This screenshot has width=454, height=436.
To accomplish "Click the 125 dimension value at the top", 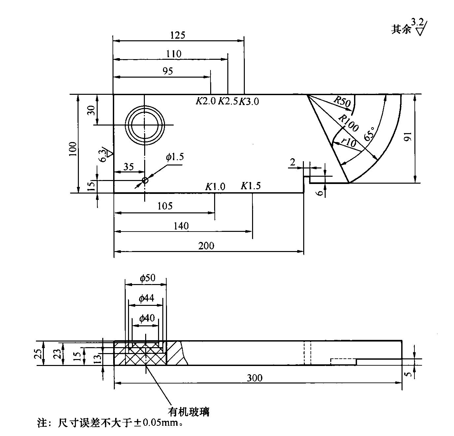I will [178, 35].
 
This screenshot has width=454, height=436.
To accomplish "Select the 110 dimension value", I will [174, 54].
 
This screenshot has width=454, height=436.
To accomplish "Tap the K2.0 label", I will [206, 101].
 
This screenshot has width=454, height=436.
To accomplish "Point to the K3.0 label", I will [249, 101].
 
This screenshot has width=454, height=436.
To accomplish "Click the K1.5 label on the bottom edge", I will [250, 186].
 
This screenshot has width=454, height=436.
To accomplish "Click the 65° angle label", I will [370, 133].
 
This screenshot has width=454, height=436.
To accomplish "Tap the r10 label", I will [349, 143].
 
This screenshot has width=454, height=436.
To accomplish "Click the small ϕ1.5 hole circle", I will [145, 180].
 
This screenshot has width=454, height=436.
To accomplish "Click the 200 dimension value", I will [206, 246].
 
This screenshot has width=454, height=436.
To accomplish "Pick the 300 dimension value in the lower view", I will [255, 378].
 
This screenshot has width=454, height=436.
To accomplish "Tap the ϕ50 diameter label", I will [147, 278].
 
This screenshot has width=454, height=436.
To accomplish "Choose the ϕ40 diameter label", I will [146, 318].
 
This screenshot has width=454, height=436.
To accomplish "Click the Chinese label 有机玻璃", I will [189, 412].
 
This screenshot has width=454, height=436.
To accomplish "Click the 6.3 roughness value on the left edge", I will [103, 155].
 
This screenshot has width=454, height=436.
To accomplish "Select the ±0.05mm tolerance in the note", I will [157, 423].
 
